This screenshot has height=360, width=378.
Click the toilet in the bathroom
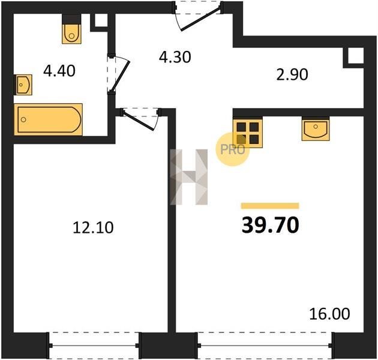click(x=71, y=29)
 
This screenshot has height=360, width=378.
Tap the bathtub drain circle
click(x=23, y=119)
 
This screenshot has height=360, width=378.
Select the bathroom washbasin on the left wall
click(x=23, y=85)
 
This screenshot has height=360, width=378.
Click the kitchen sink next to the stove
click(x=316, y=129)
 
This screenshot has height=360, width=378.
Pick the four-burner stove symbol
click(x=248, y=133)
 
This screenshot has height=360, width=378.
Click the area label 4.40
click(x=59, y=71)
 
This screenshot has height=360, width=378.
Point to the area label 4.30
click(x=175, y=58)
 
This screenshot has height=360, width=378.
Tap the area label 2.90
click(x=292, y=74)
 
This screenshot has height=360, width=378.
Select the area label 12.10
click(x=93, y=227)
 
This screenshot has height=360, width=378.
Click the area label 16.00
click(x=329, y=314)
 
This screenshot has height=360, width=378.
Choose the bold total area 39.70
click(x=270, y=225)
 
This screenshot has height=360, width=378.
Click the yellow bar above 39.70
click(x=270, y=205)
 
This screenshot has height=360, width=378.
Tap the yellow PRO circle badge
click(x=233, y=149)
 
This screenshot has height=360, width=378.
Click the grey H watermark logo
click(x=189, y=177)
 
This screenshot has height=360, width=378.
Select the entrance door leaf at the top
click(x=201, y=19)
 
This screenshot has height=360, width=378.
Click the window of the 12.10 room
click(x=94, y=346)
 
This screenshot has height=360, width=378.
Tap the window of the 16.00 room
click(x=265, y=346)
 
